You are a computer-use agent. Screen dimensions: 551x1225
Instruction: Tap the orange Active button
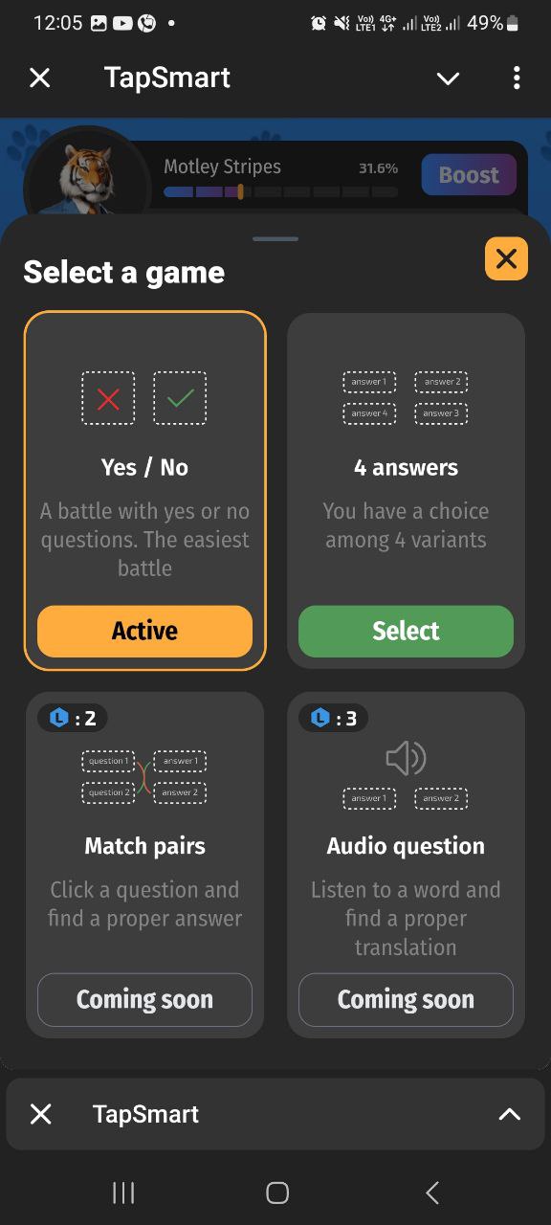pyautogui.click(x=144, y=631)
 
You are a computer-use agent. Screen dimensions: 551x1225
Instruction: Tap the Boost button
pyautogui.click(x=469, y=174)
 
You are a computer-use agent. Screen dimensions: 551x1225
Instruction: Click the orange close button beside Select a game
pyautogui.click(x=506, y=258)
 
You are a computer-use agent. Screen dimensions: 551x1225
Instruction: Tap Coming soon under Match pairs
pyautogui.click(x=144, y=999)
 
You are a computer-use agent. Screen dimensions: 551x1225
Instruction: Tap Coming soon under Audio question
pyautogui.click(x=406, y=999)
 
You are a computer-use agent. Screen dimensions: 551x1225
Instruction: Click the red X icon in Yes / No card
pyautogui.click(x=108, y=398)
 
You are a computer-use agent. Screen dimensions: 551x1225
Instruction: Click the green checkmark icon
pyautogui.click(x=180, y=398)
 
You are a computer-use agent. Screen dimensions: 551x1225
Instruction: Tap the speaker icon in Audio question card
pyautogui.click(x=406, y=758)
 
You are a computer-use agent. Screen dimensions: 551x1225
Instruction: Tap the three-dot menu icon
pyautogui.click(x=517, y=78)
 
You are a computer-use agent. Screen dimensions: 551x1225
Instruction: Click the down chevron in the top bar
pyautogui.click(x=449, y=78)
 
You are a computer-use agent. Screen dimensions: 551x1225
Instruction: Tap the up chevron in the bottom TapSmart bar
pyautogui.click(x=510, y=1114)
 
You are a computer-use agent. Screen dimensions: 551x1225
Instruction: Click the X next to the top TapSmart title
pyautogui.click(x=40, y=78)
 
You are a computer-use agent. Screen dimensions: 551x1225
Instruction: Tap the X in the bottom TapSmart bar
pyautogui.click(x=41, y=1114)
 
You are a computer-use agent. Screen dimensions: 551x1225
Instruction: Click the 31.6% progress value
pyautogui.click(x=378, y=168)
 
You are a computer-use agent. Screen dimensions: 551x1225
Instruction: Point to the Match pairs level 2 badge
pyautogui.click(x=72, y=718)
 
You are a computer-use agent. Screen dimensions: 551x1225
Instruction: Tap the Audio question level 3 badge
pyautogui.click(x=334, y=718)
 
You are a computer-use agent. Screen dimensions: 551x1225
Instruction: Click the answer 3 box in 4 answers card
pyautogui.click(x=441, y=413)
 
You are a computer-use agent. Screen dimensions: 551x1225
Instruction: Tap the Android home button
pyautogui.click(x=277, y=1192)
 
